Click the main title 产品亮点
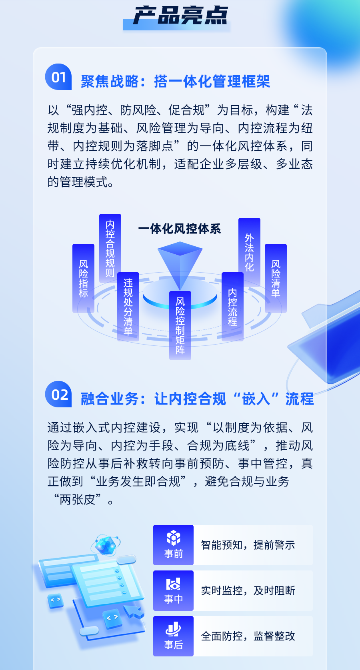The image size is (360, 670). pos(180,16)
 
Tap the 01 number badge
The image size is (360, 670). pos(58,77)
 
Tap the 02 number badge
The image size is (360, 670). pos(58,394)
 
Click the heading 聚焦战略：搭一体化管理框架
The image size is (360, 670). pos(175,82)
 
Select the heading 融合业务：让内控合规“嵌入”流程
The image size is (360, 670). pos(197,399)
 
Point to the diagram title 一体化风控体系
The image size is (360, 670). pos(180,229)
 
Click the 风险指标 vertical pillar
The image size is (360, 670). pos(83,278)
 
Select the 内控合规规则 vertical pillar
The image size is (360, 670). pos(110,248)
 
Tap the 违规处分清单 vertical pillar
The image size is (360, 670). pos(128,307)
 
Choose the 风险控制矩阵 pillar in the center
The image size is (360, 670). pos(180,325)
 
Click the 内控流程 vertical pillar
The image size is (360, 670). pos(232,307)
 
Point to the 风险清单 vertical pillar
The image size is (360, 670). pos(276,278)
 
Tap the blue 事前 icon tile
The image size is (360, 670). pos(173,545)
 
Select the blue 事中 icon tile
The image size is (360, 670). pos(173,590)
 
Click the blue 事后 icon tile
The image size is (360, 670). pos(173,636)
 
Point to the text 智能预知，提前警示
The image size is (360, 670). pos(248,545)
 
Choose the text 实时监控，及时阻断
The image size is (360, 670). pos(248,590)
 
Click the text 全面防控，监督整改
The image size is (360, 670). pos(248,636)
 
